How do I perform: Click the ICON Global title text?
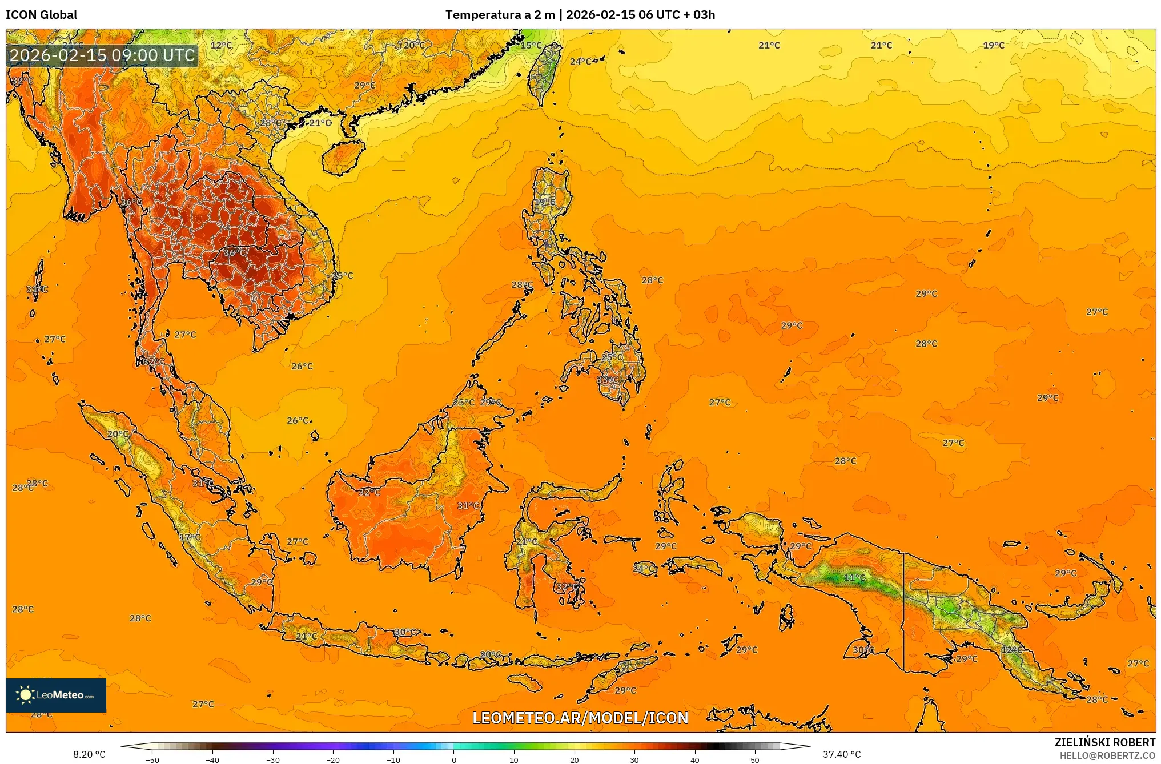[x=41, y=15]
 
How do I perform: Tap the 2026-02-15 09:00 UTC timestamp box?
[x=102, y=55]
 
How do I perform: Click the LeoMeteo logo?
[x=56, y=695]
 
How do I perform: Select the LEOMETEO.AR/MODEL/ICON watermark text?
[x=580, y=718]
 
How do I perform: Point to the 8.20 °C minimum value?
[x=89, y=754]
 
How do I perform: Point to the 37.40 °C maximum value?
[x=841, y=754]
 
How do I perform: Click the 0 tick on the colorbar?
[x=454, y=759]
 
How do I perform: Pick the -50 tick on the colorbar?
[x=152, y=759]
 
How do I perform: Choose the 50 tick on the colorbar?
[x=755, y=759]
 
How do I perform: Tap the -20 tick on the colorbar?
[x=333, y=759]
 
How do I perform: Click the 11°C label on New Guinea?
[x=854, y=577]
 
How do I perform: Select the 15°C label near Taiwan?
[x=531, y=45]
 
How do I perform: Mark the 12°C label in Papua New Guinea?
[x=1011, y=649]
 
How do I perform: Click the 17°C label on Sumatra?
[x=190, y=537]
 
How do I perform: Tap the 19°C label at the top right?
[x=993, y=45]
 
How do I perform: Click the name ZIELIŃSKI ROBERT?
[x=1104, y=742]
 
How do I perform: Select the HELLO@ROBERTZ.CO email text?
[x=1107, y=755]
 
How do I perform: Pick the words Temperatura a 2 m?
[x=500, y=15]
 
